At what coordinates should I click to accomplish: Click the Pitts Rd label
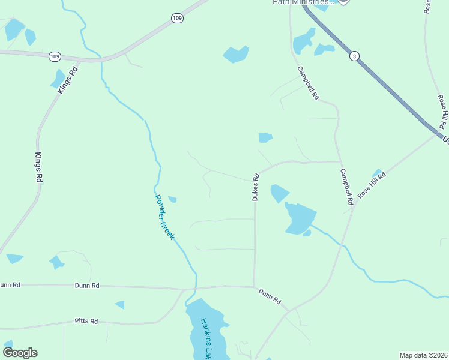(x=86, y=322)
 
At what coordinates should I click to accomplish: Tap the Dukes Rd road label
(x=256, y=187)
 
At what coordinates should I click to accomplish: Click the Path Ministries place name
(x=300, y=2)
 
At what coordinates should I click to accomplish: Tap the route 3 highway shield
(x=355, y=56)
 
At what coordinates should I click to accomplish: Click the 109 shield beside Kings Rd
(x=55, y=56)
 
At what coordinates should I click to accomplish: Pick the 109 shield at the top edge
(x=176, y=19)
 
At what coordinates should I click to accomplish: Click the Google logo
(x=20, y=353)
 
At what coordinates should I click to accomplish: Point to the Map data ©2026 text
(x=423, y=355)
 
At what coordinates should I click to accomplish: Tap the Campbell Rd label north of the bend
(x=309, y=83)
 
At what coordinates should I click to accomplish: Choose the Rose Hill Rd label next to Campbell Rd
(x=372, y=185)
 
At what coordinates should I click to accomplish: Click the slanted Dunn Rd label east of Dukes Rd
(x=270, y=296)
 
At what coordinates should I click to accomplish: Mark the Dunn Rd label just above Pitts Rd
(x=88, y=286)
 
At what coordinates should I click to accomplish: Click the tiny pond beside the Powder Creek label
(x=172, y=199)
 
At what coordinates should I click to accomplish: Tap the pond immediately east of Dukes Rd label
(x=279, y=193)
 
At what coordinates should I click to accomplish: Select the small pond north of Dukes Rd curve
(x=265, y=137)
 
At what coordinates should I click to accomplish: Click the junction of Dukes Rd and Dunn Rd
(x=254, y=286)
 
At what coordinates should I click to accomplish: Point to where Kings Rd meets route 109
(x=79, y=60)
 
